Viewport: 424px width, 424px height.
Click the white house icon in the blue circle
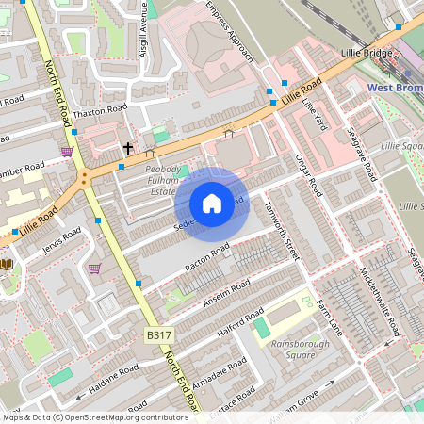[x=212, y=204]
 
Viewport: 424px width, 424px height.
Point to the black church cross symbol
[x=128, y=149]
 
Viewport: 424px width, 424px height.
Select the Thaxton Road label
[x=99, y=110]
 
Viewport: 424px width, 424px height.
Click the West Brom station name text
[x=395, y=88]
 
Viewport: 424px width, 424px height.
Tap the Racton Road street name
[x=207, y=258]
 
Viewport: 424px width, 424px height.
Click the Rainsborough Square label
[x=293, y=349]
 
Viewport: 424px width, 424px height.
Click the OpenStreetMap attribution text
[x=94, y=417]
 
